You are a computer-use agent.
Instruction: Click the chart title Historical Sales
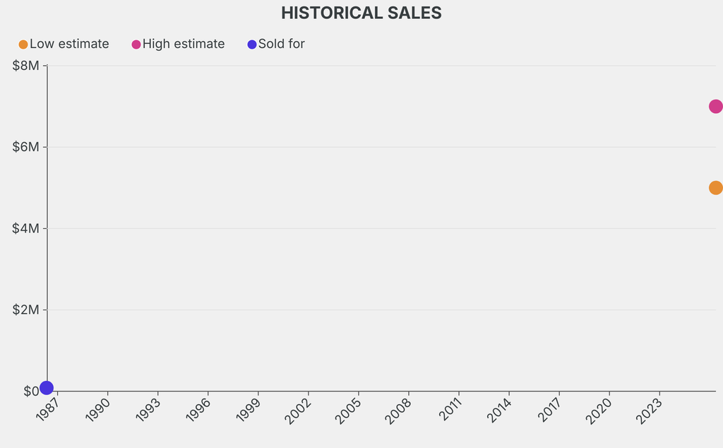361,13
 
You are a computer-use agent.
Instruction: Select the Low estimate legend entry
64,44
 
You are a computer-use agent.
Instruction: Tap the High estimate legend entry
179,44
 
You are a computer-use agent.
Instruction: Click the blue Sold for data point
47,387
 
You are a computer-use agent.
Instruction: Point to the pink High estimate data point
715,107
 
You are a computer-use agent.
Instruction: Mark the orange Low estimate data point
715,188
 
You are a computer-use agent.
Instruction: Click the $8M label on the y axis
26,66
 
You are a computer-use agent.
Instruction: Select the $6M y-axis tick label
26,147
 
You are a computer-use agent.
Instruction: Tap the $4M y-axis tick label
26,228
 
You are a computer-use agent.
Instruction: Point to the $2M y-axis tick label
26,310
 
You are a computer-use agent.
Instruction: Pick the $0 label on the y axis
30,391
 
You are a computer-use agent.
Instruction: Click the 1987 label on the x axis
48,409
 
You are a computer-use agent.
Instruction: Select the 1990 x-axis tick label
98,409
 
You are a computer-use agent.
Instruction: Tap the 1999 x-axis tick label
249,409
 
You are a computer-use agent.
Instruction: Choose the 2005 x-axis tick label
349,409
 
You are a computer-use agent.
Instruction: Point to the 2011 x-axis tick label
449,409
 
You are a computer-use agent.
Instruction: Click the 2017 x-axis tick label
549,409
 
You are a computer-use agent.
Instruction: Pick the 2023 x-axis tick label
650,409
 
